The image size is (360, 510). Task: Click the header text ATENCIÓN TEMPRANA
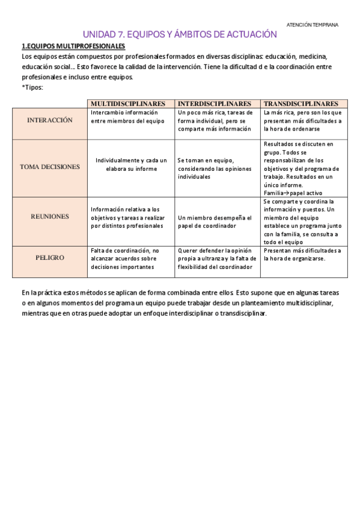pos(313,25)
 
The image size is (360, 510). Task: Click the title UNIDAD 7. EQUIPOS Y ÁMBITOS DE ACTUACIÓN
pos(180,35)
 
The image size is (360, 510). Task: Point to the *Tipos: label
pos(32,87)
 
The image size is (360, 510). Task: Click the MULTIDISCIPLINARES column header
pos(131,104)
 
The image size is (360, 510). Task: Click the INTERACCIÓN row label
pos(50,120)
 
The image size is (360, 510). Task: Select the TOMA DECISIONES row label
pos(50,167)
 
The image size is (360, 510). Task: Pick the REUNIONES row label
pos(50,217)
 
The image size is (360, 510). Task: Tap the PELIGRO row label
pos(50,257)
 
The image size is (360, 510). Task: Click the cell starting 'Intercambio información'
pos(127,117)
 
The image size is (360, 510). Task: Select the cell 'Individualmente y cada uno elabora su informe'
pos(131,165)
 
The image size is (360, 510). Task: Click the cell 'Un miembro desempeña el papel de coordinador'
pos(215,221)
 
